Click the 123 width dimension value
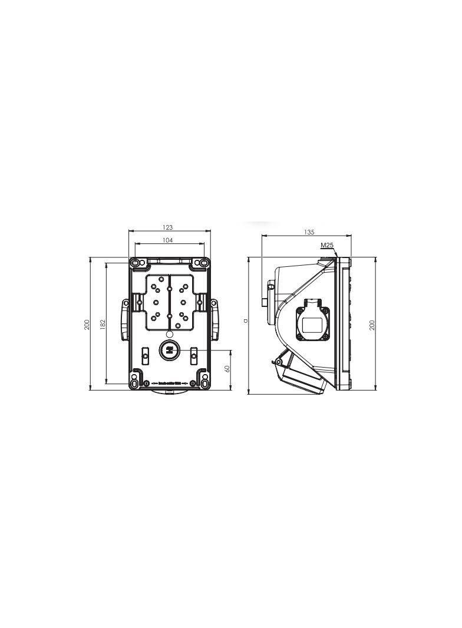167,227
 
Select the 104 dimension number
167,240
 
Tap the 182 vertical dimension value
102,324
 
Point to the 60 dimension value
227,368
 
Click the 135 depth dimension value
309,233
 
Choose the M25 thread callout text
327,244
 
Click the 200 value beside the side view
372,325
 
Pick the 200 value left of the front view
87,324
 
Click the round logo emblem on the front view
169,351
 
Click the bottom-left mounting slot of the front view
136,384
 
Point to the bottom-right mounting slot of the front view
203,384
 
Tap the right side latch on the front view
214,319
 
